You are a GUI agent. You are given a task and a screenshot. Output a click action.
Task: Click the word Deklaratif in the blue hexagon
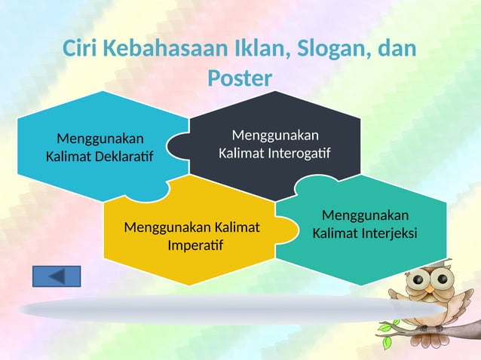point(122,157)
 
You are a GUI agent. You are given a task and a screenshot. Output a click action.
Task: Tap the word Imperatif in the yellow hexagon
point(191,246)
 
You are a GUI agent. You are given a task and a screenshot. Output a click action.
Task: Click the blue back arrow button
point(57,276)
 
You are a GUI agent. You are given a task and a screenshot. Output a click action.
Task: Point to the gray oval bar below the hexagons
point(226,309)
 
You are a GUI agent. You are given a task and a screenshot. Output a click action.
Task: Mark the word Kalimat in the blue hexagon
point(69,157)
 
